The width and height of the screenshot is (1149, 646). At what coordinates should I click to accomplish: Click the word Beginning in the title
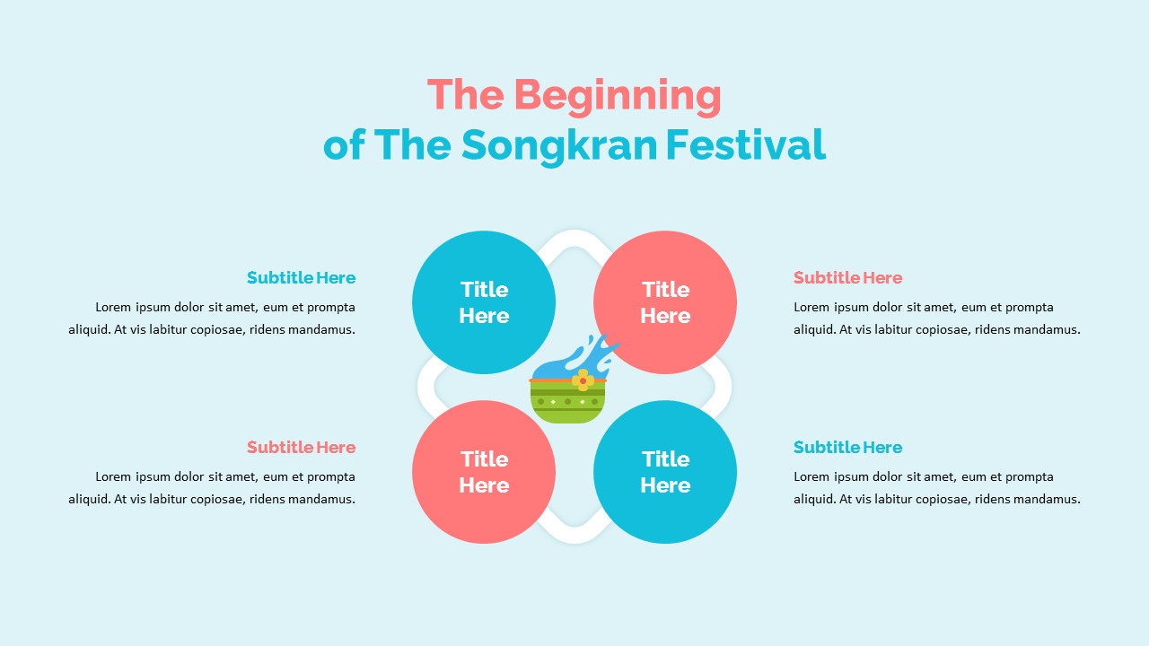coord(618,96)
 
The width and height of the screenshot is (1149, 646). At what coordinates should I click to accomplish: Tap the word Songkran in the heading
coord(560,144)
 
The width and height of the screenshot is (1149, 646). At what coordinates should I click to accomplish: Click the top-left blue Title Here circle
coord(484,302)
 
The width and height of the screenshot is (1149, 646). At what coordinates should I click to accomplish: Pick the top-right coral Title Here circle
coord(665,302)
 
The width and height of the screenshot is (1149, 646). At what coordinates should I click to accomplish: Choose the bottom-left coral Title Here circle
coord(484,472)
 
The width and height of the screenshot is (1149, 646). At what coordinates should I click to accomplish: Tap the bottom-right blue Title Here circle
coord(665,472)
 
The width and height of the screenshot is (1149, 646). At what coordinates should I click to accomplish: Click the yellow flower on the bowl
coord(583,380)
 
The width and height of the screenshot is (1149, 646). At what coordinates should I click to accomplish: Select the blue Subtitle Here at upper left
coord(301,277)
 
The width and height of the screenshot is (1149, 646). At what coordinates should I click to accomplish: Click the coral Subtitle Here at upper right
coord(847,277)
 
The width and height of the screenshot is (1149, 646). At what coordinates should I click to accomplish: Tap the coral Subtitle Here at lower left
coord(301,447)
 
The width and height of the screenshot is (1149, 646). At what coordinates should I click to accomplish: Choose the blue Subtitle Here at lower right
coord(847,447)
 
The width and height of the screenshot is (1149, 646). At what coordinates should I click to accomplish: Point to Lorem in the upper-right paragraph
coord(811,307)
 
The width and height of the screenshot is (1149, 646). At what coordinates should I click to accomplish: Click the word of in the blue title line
coord(344,144)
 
